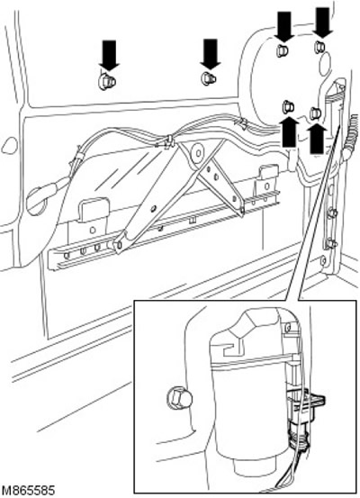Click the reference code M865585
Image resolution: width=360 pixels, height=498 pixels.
pos(28,490)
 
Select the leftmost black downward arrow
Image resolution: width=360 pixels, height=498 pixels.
pos(109,54)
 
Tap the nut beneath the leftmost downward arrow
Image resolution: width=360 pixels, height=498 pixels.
pos(107,82)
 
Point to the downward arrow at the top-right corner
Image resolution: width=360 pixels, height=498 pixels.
pos(322,22)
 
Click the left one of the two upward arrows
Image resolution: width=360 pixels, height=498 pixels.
pos(288,132)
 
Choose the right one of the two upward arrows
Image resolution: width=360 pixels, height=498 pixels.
pos(317,139)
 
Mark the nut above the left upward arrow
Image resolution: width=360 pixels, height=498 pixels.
pos(288,106)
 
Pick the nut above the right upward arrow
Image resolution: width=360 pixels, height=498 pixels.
pos(315,113)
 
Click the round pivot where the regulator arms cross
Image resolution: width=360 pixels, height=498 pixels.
pos(198,153)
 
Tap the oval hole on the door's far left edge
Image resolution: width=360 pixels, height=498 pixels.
pos(10,145)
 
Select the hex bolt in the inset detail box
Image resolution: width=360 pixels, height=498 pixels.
pos(179,398)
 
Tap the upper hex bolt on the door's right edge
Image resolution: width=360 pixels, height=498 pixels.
pos(332,213)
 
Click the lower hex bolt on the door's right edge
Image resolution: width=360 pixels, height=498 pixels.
pos(331,244)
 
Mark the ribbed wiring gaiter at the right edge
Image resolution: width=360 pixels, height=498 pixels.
pos(350,137)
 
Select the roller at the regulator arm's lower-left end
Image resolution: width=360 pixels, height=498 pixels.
pos(120,245)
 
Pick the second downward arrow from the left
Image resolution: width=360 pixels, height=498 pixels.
pos(211,54)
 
